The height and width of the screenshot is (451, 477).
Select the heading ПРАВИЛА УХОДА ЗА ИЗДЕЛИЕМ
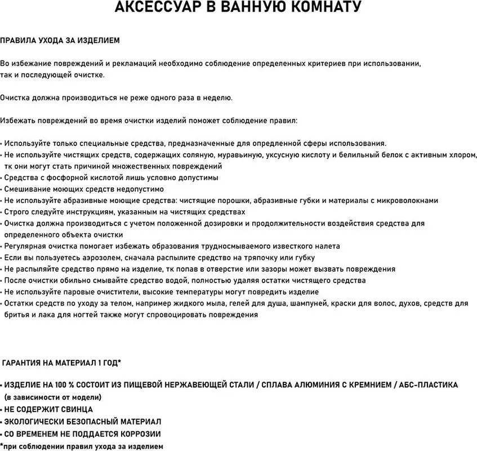coord(60,41)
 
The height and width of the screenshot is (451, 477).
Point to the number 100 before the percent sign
coord(62,385)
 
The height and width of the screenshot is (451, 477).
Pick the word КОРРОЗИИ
coord(139,434)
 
